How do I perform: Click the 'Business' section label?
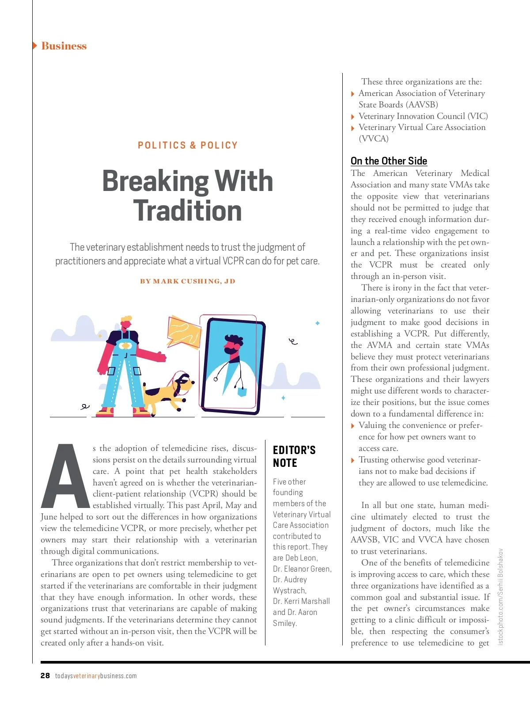coord(64,46)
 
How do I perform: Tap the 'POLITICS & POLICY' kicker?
coord(188,145)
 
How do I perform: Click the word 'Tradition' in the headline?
coord(188,211)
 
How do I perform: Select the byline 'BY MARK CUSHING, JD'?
coord(188,281)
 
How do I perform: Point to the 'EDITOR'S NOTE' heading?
coord(294,456)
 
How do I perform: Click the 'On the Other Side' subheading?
coord(389,161)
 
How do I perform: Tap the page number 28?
coord(45,676)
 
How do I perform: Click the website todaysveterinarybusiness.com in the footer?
coord(96,676)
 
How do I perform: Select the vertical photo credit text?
coord(500,597)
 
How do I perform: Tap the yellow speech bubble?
coord(183,332)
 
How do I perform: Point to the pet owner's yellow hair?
coord(127,319)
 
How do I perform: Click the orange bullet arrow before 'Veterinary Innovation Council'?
coord(352,117)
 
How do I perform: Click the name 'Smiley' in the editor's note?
coord(284,623)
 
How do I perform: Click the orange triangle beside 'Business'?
coord(35,46)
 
